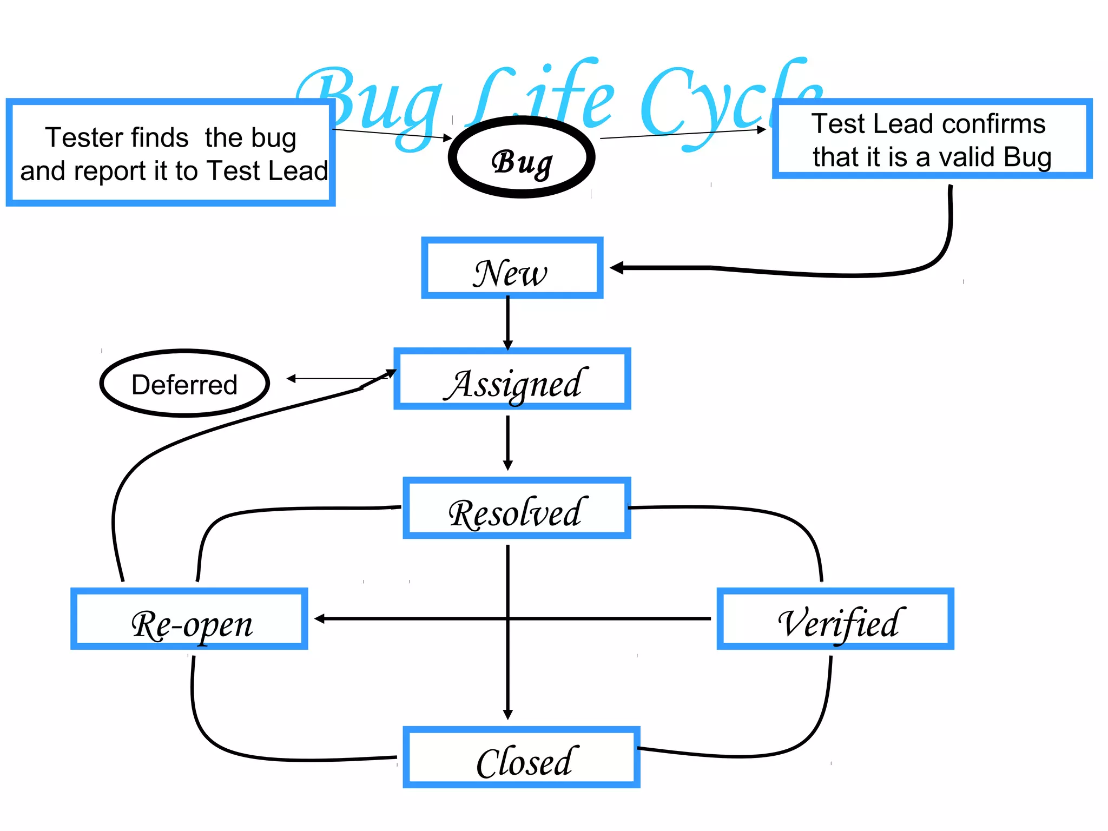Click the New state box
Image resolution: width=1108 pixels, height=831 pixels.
(x=512, y=268)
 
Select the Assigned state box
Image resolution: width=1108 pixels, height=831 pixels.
(x=512, y=379)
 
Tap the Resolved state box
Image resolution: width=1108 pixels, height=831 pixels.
(x=517, y=508)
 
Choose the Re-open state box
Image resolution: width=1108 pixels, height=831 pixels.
(x=189, y=618)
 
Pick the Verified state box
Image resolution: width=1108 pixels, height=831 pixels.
(x=835, y=618)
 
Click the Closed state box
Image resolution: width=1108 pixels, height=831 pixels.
(x=522, y=757)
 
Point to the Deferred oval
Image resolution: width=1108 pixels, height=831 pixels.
(x=184, y=384)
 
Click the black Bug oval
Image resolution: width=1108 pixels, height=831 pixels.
(x=522, y=158)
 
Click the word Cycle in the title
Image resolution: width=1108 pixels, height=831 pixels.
(x=730, y=103)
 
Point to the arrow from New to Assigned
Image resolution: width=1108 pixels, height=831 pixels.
(x=507, y=322)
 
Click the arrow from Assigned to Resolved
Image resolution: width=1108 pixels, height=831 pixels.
(x=507, y=441)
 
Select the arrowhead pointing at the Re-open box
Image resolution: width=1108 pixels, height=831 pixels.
(x=320, y=618)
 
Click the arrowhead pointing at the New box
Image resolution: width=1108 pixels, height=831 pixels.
(x=617, y=268)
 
